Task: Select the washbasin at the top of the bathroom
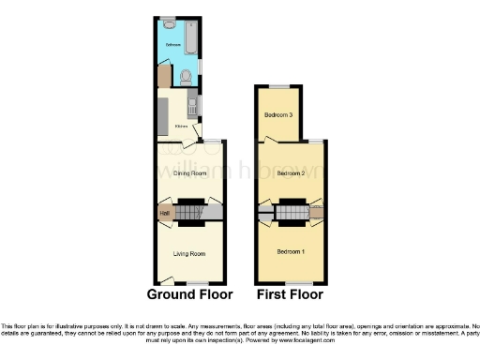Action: (x=167, y=22)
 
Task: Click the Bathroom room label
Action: (x=173, y=44)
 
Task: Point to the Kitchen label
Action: (x=182, y=125)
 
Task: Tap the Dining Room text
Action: (x=189, y=173)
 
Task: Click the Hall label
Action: (x=165, y=215)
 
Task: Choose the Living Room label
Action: (x=189, y=253)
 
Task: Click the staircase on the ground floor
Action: (x=191, y=214)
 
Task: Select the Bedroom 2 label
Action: (x=292, y=173)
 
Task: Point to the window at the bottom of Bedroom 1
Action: (x=299, y=283)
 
